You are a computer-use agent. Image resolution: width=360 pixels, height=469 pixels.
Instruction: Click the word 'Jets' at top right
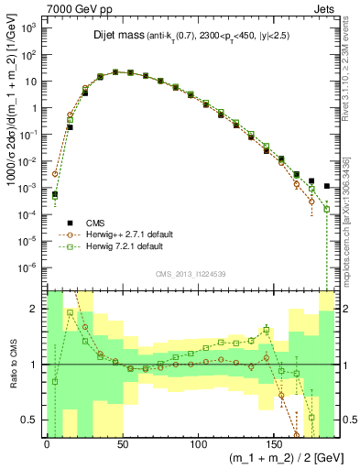[x=327, y=8]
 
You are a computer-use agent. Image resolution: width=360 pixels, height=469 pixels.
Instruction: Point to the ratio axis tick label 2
[x=35, y=309]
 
